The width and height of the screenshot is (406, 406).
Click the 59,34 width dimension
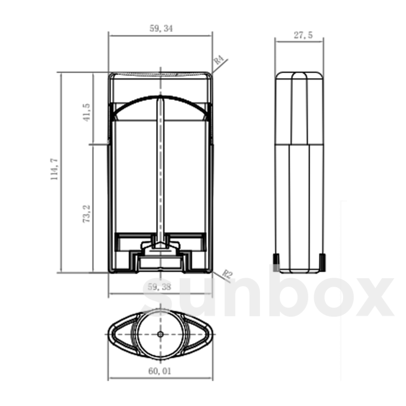click(161, 29)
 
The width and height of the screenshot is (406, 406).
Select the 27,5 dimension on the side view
click(303, 35)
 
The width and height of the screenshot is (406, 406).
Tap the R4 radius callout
click(219, 61)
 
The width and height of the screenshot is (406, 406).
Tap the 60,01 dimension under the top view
click(160, 371)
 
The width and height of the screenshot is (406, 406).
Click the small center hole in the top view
click(160, 334)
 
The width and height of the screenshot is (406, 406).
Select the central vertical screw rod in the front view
click(160, 169)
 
